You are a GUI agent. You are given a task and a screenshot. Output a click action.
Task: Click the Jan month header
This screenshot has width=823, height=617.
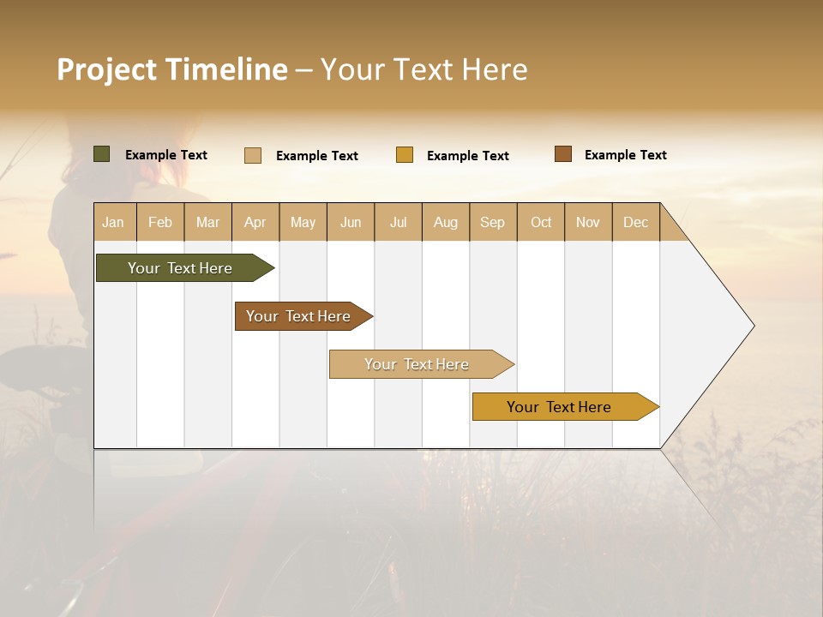(113, 222)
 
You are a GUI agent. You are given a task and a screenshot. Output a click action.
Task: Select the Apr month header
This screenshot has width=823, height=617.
(255, 222)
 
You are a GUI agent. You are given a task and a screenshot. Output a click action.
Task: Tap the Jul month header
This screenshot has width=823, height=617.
(399, 222)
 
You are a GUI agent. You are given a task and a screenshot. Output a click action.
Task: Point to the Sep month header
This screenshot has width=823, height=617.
(492, 222)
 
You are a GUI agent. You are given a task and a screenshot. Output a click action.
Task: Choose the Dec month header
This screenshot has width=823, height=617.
(635, 222)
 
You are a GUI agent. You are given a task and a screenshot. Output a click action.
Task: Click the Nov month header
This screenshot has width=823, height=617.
(588, 222)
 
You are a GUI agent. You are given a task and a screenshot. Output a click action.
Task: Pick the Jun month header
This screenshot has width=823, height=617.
(351, 222)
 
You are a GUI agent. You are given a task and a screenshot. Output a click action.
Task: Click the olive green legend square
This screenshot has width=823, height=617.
(101, 154)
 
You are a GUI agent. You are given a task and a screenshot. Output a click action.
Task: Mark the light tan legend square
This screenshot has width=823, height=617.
(252, 155)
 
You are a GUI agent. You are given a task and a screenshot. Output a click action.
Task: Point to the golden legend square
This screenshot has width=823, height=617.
(405, 155)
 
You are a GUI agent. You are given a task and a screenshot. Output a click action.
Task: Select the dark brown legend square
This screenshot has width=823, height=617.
(562, 154)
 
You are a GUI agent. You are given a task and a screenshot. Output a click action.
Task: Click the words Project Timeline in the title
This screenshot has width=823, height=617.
(172, 69)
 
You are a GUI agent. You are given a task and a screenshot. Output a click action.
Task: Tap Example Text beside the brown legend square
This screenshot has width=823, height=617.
(625, 155)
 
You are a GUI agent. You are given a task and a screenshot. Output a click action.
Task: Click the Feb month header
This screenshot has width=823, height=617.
(160, 222)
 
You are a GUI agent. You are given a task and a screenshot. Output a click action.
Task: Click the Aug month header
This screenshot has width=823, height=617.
(446, 222)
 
